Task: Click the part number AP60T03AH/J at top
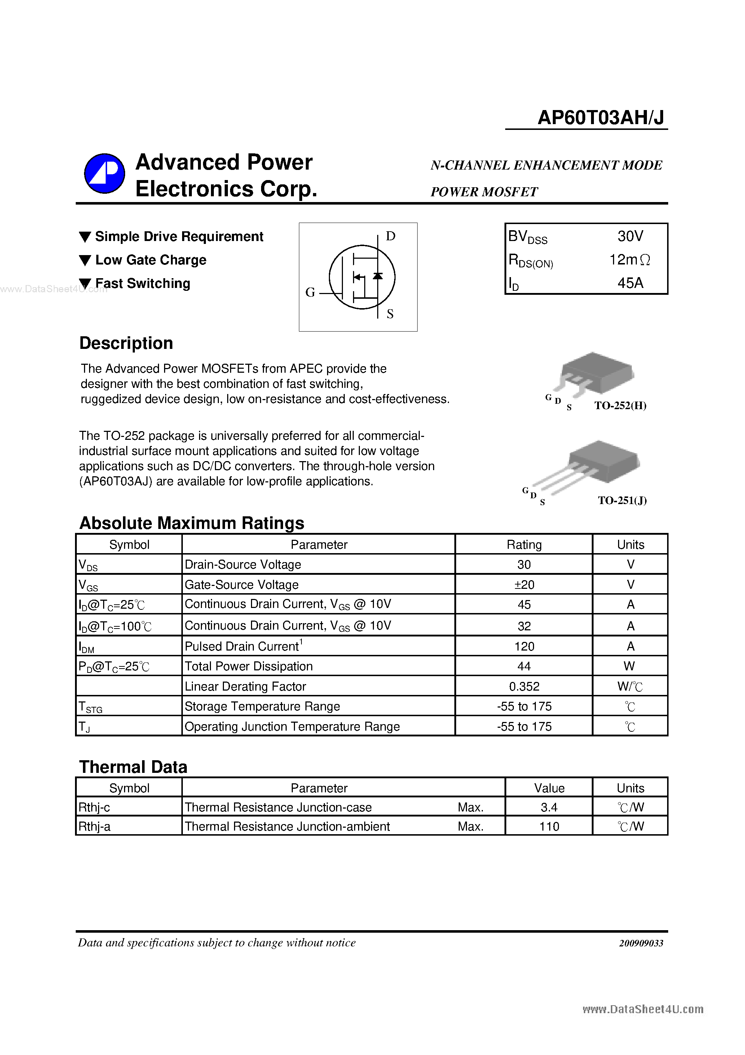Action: [x=600, y=118]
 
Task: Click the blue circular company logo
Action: [x=105, y=173]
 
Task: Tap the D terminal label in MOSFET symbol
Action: [x=391, y=236]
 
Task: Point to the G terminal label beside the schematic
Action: [x=310, y=292]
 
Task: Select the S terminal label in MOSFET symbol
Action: [x=390, y=314]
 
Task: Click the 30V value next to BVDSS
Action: [x=630, y=236]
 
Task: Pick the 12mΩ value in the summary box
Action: [x=629, y=260]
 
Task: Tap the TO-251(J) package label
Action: [x=622, y=500]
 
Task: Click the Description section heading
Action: [x=126, y=343]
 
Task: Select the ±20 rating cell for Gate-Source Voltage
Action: [x=524, y=585]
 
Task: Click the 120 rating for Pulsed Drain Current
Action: [x=524, y=647]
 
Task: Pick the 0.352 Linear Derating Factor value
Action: [x=524, y=687]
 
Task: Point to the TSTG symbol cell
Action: [x=91, y=707]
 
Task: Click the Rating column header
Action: [x=524, y=544]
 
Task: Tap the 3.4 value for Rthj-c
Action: [x=549, y=807]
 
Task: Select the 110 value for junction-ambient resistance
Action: [x=549, y=827]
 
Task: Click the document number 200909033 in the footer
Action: [x=641, y=943]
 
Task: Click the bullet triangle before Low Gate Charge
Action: [x=85, y=261]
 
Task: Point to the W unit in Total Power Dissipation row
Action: [x=630, y=666]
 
